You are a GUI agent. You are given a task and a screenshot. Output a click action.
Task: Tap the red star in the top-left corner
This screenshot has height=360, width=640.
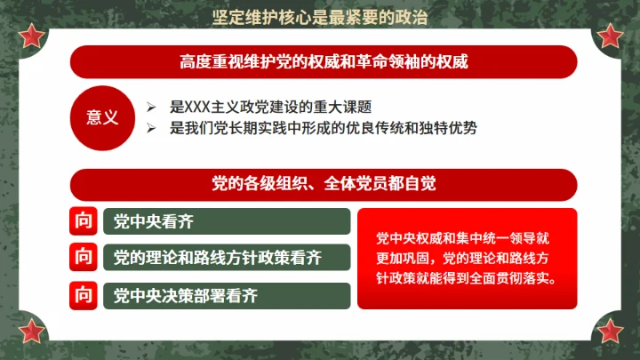[x=33, y=36]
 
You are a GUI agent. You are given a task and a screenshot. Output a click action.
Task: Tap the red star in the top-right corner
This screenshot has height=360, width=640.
[x=610, y=36]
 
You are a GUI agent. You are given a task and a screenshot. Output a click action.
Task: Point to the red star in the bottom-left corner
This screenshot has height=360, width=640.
[x=33, y=331]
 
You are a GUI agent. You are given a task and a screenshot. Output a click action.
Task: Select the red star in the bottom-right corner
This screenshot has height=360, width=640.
[x=610, y=331]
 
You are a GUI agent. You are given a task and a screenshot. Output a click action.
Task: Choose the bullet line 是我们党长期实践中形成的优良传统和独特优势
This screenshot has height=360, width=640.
[x=324, y=128]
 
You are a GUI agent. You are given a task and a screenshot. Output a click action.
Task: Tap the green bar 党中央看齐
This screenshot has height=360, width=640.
[x=227, y=221]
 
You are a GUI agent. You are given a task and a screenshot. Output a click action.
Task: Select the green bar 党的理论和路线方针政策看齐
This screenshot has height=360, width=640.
[x=227, y=258]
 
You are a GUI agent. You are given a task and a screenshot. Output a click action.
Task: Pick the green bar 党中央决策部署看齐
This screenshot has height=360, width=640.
[x=227, y=294]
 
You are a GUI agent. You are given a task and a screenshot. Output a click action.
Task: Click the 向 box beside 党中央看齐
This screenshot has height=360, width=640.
[x=83, y=221]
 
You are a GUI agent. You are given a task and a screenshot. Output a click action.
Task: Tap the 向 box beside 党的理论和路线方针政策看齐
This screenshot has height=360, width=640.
[x=83, y=258]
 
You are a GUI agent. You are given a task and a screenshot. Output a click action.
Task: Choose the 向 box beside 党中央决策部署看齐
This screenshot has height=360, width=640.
[x=83, y=294]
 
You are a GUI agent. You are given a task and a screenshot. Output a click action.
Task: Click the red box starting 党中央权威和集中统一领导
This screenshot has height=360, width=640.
[x=467, y=258]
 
